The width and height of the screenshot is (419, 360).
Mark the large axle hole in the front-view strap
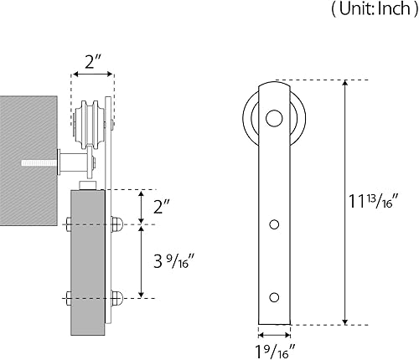pyautogui.click(x=274, y=118)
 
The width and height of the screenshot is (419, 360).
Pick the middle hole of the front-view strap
pyautogui.click(x=274, y=224)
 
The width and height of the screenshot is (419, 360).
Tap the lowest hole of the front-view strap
pyautogui.click(x=274, y=296)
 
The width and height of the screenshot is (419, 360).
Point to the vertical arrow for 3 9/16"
pyautogui.click(x=142, y=260)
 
